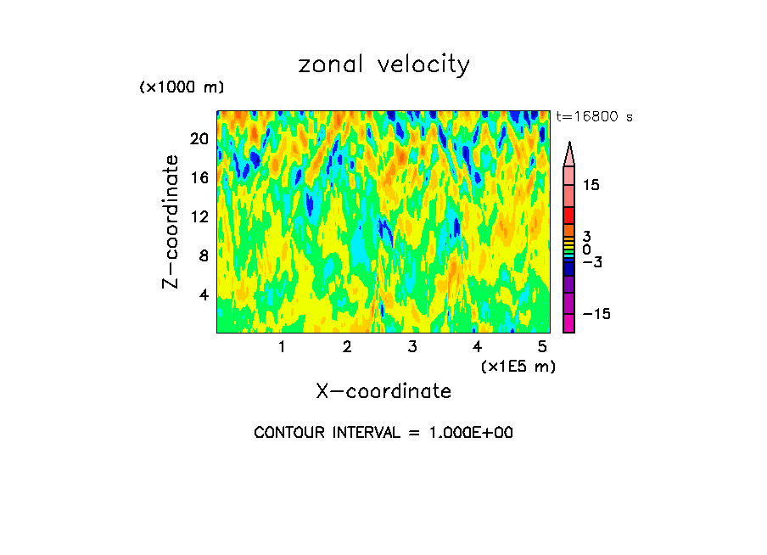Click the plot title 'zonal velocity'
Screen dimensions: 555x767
(383, 64)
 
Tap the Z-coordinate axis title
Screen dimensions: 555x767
(171, 221)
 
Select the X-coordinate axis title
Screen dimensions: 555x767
(383, 391)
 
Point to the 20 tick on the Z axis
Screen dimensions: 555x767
(200, 139)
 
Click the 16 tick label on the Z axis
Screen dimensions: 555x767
(200, 177)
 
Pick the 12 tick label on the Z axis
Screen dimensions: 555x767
(200, 216)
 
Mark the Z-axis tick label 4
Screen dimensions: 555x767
(204, 295)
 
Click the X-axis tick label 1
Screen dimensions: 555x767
(282, 347)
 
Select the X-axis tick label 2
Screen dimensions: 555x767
(347, 347)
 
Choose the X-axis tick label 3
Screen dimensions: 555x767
(412, 347)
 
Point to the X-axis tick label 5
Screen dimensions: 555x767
(542, 347)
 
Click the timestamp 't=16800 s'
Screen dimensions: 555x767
(595, 117)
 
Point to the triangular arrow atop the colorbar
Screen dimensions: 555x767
(569, 154)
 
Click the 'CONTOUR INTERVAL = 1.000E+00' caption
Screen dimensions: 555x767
(383, 433)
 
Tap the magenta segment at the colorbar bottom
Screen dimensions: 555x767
(569, 323)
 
